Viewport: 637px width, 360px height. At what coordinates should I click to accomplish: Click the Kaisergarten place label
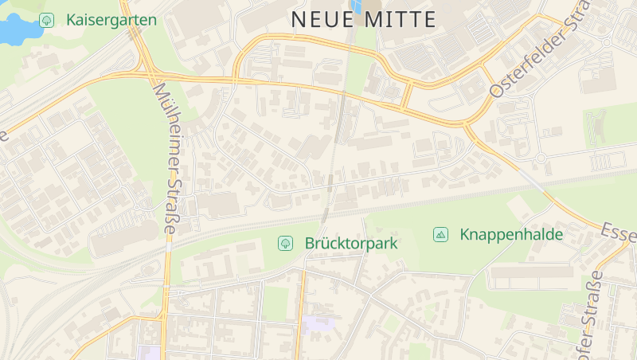point(111,20)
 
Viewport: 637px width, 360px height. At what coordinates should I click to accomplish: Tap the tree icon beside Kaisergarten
point(47,20)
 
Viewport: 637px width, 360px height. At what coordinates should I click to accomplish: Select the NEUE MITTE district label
point(364,20)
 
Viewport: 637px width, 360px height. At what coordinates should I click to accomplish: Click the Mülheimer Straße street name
point(165,158)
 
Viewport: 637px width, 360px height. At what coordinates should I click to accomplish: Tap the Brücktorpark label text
point(350,243)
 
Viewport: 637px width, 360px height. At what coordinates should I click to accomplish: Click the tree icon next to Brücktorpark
point(284,243)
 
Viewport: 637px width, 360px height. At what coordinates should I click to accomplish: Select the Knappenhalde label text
point(511,234)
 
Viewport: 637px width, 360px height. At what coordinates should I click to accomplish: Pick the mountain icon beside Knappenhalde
point(440,234)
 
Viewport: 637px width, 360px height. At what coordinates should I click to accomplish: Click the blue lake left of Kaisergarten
point(14,30)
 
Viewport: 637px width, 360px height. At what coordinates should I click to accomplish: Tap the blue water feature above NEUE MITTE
point(355,6)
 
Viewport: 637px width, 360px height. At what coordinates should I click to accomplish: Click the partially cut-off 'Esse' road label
point(619,233)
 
